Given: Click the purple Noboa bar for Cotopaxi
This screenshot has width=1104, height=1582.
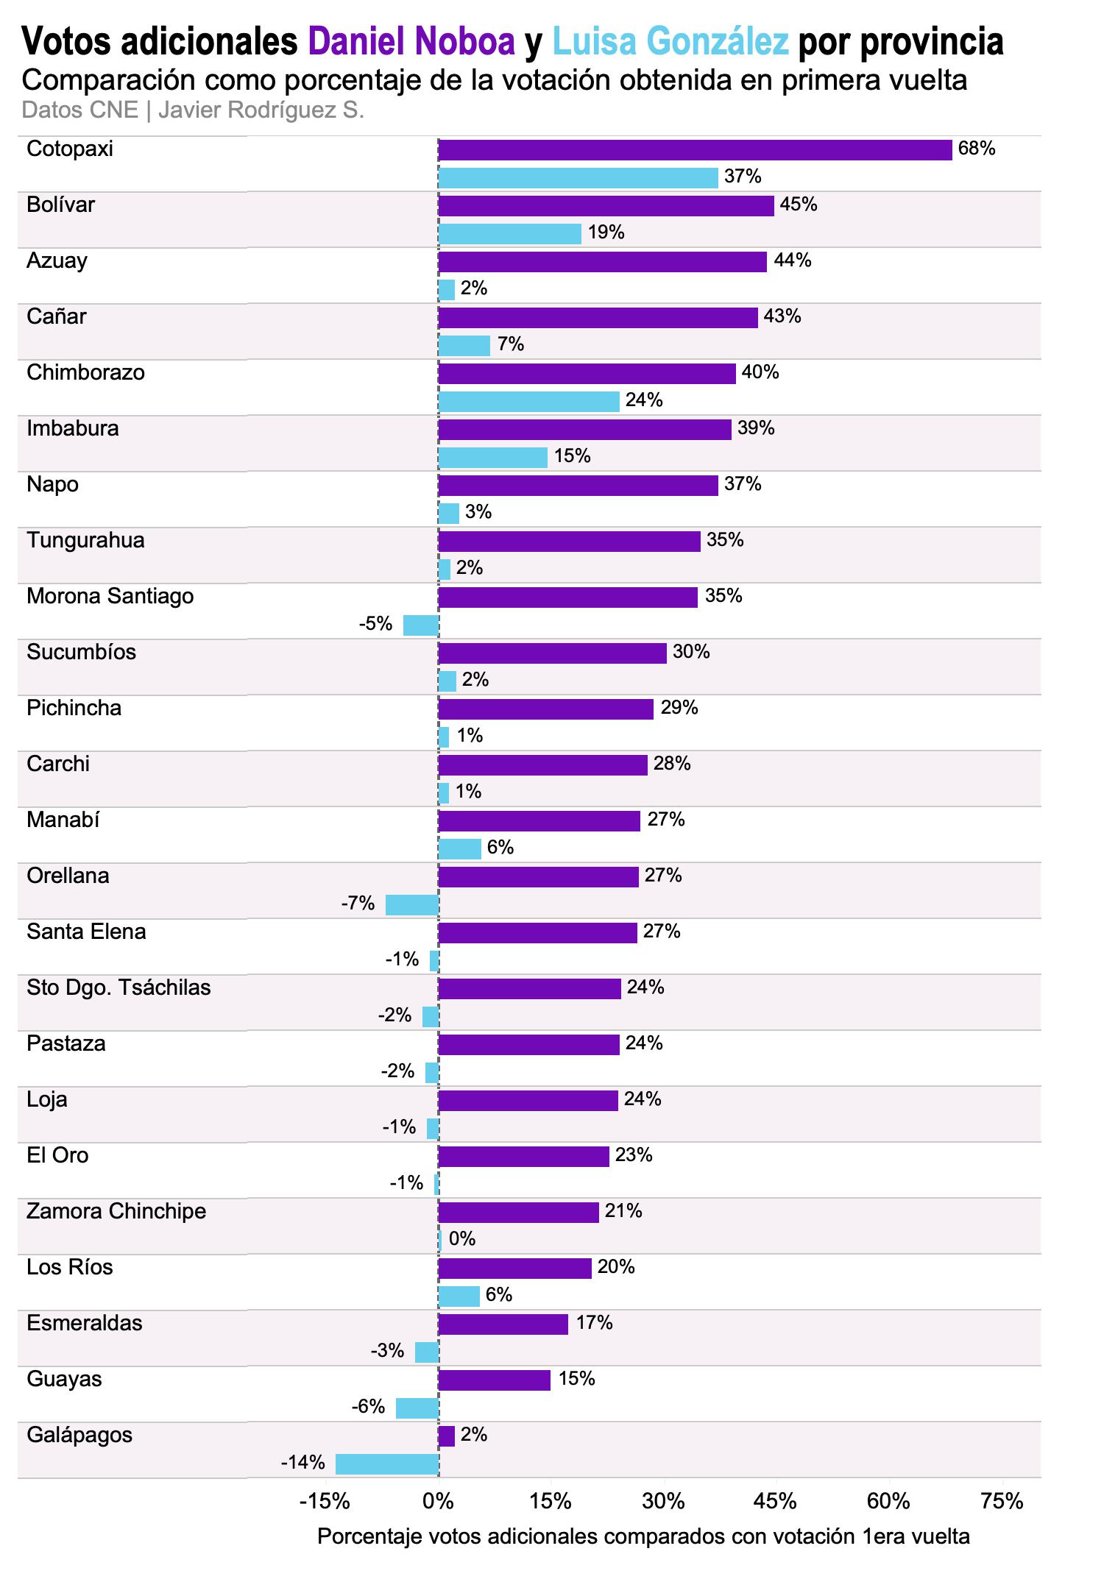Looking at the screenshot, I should tap(695, 149).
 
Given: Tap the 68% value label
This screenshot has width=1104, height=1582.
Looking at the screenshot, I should tap(977, 149).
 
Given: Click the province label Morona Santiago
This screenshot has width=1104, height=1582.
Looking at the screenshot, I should tap(110, 596).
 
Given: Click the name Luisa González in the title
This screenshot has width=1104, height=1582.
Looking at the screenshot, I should tap(670, 42).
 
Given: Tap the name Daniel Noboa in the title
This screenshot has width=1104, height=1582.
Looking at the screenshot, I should tap(411, 42).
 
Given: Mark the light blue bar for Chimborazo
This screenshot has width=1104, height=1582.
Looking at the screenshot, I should tap(528, 401).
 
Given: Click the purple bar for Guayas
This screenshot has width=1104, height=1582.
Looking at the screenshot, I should tap(494, 1380).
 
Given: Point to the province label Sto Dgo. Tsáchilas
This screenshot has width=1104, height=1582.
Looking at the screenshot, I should tap(118, 987).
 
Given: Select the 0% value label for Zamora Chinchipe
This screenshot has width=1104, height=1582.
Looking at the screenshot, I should tap(462, 1239).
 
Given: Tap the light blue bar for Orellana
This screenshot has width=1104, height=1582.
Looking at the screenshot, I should tap(412, 904).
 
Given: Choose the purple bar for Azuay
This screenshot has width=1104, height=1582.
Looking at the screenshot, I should tap(602, 261).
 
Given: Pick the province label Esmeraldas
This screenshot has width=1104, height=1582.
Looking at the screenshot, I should tap(84, 1323).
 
